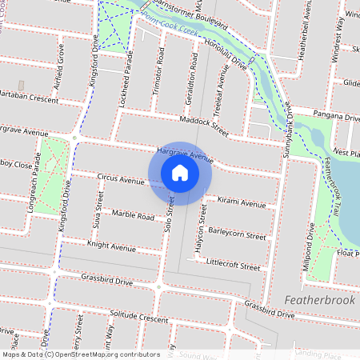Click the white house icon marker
click(x=180, y=173)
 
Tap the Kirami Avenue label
click(x=242, y=204)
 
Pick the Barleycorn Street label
click(x=237, y=236)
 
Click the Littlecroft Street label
click(x=233, y=263)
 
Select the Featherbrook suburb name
click(x=320, y=298)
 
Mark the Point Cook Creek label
click(x=170, y=22)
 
